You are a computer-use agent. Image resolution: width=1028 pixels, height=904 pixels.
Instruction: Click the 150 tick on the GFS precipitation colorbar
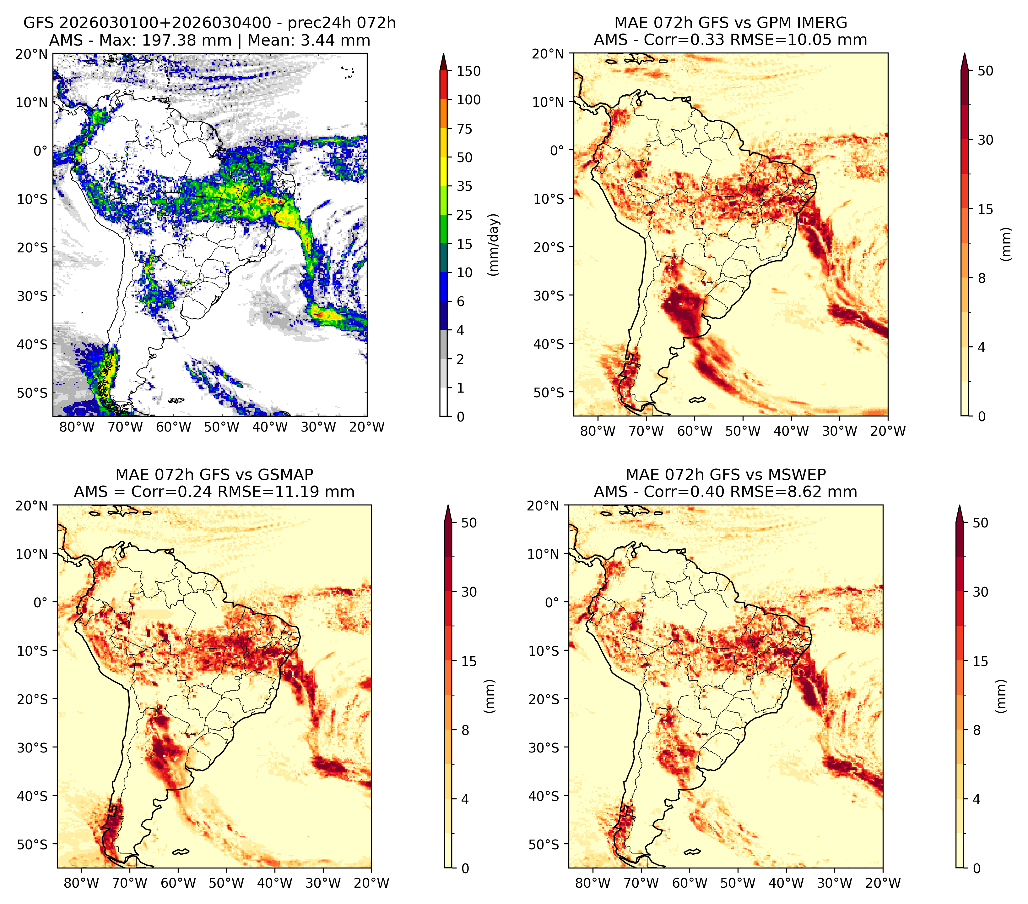point(468,71)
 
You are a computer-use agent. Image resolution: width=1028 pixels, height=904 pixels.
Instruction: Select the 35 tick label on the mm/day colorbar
point(464,186)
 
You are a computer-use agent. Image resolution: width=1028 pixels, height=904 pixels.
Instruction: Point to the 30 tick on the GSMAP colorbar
point(469,592)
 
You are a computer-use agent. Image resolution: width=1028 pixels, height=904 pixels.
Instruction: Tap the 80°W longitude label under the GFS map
point(77,427)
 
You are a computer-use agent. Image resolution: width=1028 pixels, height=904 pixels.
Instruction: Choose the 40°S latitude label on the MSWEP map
point(544,796)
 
